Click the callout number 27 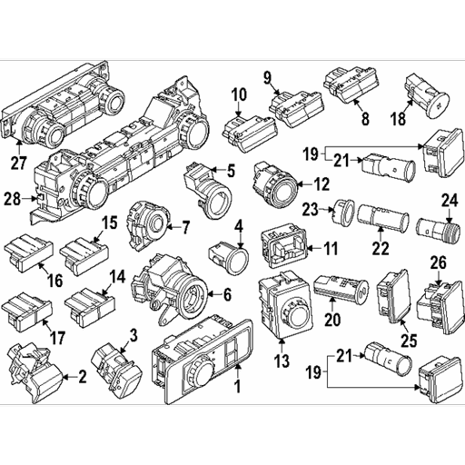(x=19, y=163)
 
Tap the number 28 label (x=13, y=199)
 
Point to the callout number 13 (x=282, y=361)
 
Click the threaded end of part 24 (x=451, y=233)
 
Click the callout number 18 (x=398, y=119)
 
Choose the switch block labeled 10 (x=249, y=134)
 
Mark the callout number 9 (x=267, y=78)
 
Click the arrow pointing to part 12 (x=307, y=183)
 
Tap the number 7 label (x=185, y=227)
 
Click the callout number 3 (x=134, y=336)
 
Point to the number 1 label (x=238, y=387)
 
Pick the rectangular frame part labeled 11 (x=284, y=246)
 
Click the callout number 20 (x=332, y=320)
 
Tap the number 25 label (x=409, y=341)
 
